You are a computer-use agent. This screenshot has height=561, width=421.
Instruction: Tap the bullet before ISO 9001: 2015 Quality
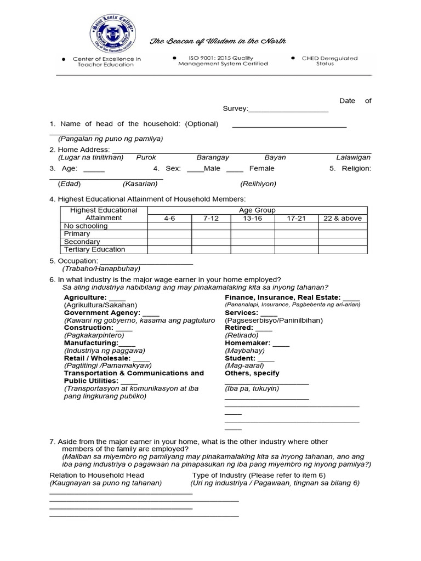[174, 57]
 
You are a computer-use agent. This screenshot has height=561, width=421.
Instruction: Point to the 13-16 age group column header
[252, 218]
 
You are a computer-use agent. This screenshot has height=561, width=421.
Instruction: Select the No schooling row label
[81, 226]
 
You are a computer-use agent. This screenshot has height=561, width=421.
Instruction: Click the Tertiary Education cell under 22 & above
[343, 249]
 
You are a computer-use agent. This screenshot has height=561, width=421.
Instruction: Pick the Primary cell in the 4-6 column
[169, 233]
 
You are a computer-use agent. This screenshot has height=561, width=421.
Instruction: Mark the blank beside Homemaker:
[281, 343]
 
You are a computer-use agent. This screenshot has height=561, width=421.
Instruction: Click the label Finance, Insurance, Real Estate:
[283, 297]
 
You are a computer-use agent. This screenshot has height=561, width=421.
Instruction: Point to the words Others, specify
[252, 373]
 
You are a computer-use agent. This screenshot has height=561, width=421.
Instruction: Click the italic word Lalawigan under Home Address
[354, 157]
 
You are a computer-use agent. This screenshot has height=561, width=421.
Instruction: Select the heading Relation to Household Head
[97, 475]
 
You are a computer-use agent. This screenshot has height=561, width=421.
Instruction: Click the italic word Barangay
[213, 157]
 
